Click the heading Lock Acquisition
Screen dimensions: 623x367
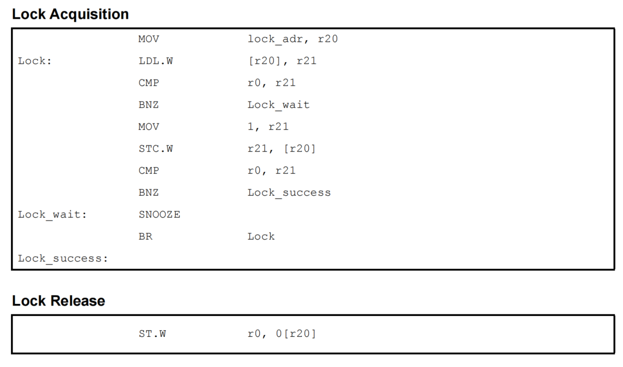(x=70, y=14)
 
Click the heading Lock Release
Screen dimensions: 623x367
(x=58, y=301)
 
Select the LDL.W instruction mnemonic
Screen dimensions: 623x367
(x=155, y=61)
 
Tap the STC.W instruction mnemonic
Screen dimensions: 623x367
(x=155, y=149)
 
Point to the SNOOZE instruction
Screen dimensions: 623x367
(x=159, y=214)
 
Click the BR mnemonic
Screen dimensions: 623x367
(x=146, y=236)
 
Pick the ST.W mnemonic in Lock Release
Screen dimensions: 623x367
(x=152, y=333)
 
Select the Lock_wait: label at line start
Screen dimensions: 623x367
(x=53, y=214)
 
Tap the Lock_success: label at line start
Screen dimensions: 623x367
(x=63, y=258)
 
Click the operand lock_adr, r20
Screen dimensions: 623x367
(x=293, y=39)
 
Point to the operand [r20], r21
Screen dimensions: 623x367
(x=282, y=61)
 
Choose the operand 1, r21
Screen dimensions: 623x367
(x=268, y=127)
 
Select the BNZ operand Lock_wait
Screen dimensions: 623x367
(x=279, y=105)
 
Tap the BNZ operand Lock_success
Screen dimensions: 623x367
(x=289, y=193)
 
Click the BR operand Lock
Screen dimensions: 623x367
(x=261, y=236)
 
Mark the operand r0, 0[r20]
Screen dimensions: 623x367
(x=282, y=333)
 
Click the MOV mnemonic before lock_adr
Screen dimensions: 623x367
(x=149, y=39)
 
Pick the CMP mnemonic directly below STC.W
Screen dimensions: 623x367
(x=149, y=171)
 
